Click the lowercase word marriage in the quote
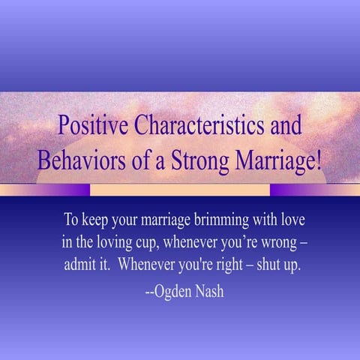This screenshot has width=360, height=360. point(160,222)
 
